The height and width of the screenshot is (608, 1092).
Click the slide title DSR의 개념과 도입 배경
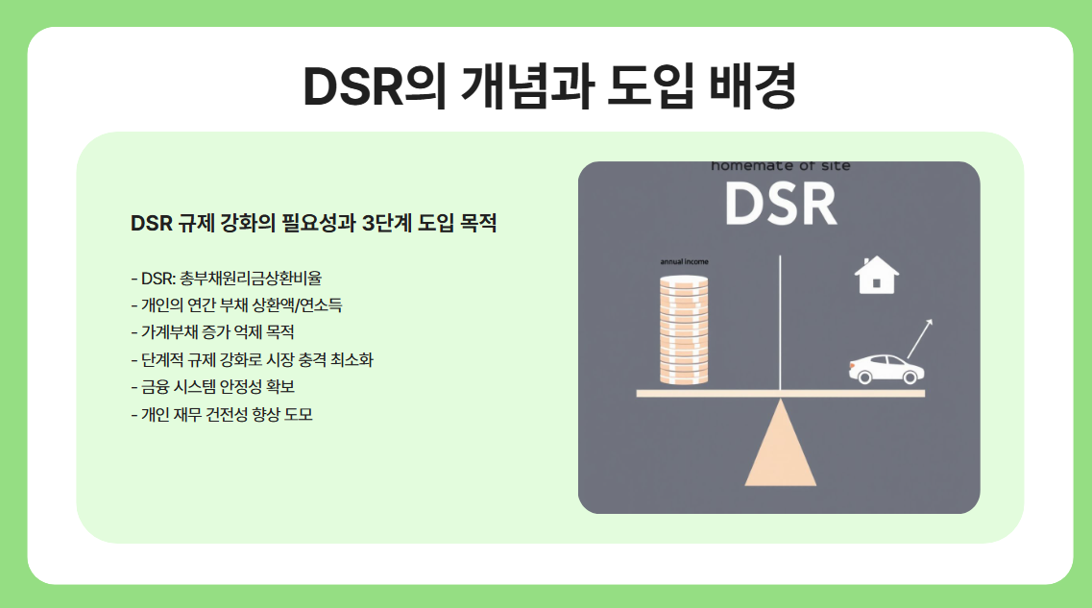549,88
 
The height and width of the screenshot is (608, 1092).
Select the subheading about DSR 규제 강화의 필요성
313,224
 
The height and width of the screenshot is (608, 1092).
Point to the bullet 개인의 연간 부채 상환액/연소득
236,305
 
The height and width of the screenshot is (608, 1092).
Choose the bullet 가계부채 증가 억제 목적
212,332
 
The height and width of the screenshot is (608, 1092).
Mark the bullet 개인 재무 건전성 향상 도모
222,415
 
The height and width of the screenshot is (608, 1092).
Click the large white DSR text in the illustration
780,203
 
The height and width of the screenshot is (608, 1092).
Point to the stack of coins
683,330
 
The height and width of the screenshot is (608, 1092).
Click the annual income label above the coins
684,262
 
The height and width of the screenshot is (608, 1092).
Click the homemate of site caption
780,166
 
